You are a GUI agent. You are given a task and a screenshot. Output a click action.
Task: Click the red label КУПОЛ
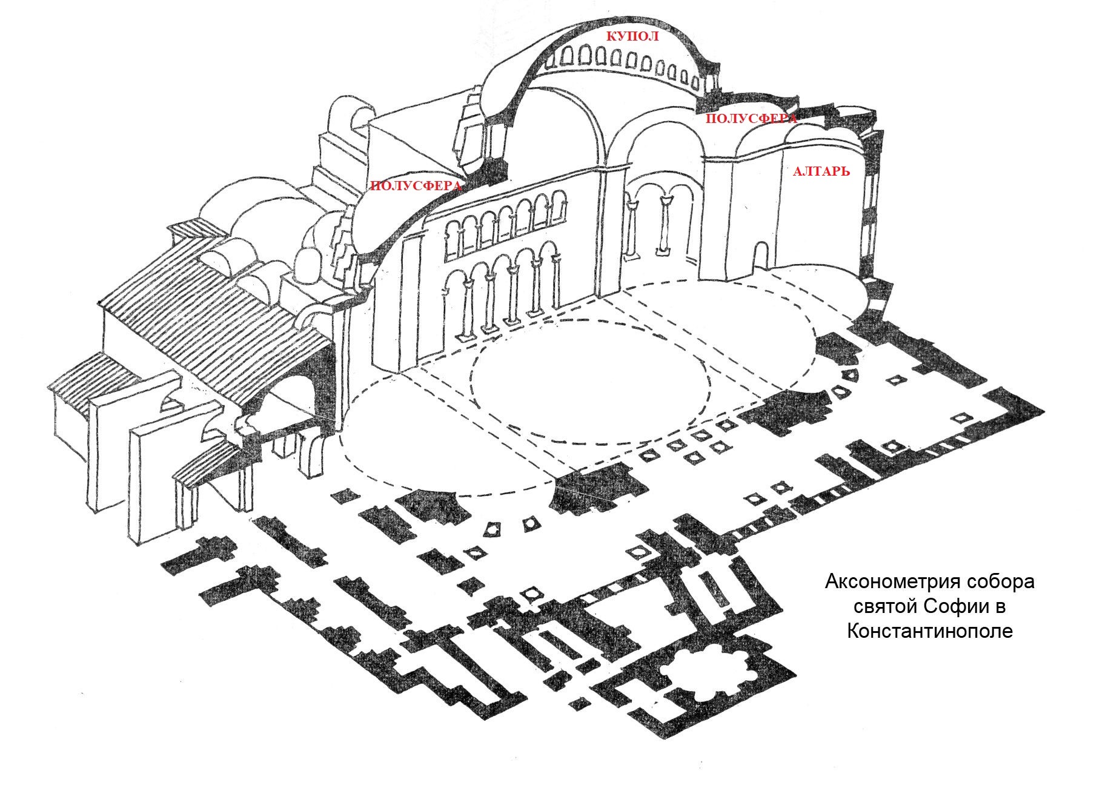632,36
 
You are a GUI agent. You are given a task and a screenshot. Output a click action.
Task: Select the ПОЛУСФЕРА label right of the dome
751,119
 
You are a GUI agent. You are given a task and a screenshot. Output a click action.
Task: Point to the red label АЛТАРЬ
821,172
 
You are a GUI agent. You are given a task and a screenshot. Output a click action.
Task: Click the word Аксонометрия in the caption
880,583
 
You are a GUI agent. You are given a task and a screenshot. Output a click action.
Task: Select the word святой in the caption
885,607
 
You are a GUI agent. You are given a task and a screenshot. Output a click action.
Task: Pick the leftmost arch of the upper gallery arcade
452,239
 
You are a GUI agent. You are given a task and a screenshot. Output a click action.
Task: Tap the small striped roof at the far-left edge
91,379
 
